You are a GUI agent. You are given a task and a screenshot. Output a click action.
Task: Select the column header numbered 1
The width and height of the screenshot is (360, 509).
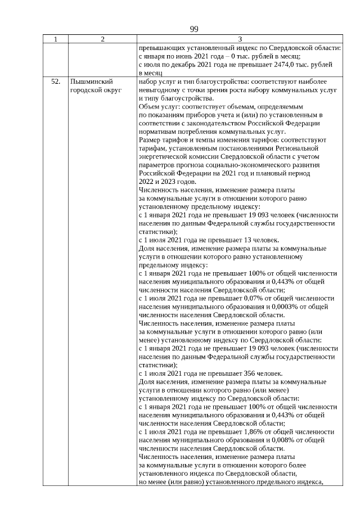(x=56, y=39)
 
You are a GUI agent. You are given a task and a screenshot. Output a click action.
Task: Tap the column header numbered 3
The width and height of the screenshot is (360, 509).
(x=240, y=39)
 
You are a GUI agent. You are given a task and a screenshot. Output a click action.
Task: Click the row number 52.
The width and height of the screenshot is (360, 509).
(x=56, y=82)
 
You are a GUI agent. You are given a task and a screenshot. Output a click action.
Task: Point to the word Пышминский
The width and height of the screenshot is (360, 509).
(x=88, y=82)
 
